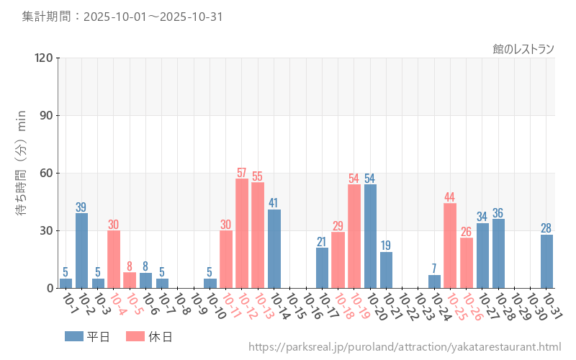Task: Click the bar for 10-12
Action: pyautogui.click(x=242, y=233)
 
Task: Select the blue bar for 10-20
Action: pyautogui.click(x=370, y=236)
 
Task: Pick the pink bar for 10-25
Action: pyautogui.click(x=450, y=246)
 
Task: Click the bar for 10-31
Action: pyautogui.click(x=546, y=261)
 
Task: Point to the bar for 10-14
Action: pyautogui.click(x=274, y=248)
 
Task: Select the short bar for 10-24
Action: pyautogui.click(x=434, y=282)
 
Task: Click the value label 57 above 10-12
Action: pyautogui.click(x=242, y=173)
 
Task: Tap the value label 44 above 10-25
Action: pyautogui.click(x=450, y=197)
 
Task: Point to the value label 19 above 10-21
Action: pyautogui.click(x=386, y=246)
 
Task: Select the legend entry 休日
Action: pyautogui.click(x=148, y=336)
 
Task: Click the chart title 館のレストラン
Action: pyautogui.click(x=523, y=49)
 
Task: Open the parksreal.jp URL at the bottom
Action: pyautogui.click(x=405, y=348)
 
